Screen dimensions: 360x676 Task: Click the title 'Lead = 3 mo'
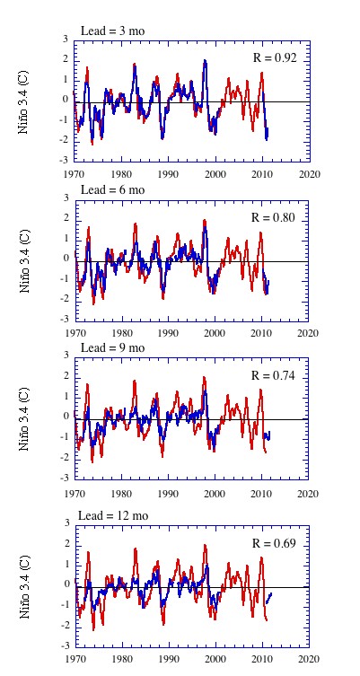112,31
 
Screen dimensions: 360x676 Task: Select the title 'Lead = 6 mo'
113,189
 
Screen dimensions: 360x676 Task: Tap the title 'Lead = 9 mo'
113,347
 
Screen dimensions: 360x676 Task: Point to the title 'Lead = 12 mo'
113,515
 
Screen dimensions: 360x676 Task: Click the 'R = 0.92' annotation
275,57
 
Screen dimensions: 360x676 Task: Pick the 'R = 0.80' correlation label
273,218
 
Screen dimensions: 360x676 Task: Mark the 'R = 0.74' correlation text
273,375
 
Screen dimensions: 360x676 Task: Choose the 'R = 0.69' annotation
274,543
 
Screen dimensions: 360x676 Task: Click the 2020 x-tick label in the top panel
311,174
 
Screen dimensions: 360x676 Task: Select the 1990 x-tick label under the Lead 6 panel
168,333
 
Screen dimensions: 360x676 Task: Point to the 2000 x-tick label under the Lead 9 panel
215,493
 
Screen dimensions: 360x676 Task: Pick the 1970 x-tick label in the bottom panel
75,659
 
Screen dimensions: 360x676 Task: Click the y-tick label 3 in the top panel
66,40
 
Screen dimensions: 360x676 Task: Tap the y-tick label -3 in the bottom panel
66,646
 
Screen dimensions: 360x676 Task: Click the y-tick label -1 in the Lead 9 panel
66,437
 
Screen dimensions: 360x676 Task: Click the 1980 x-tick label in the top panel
121,174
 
